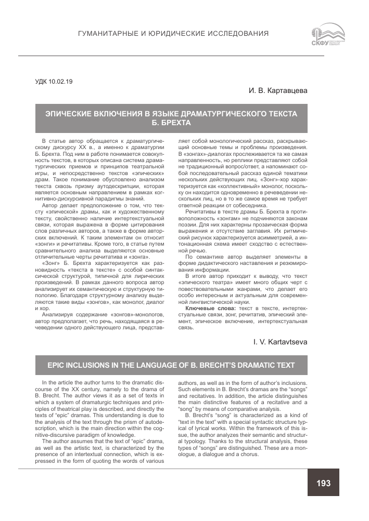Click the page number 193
pyautogui.click(x=323, y=483)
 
